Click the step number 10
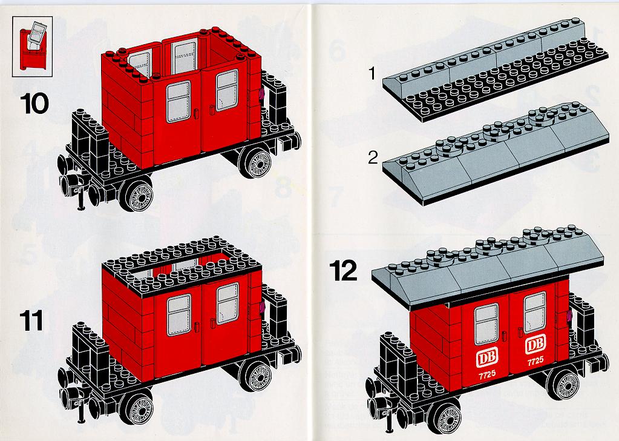coord(34,104)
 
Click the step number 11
coord(32,320)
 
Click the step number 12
coord(344,271)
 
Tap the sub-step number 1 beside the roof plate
coord(372,73)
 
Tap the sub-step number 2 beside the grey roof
coord(373,157)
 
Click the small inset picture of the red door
coord(32,47)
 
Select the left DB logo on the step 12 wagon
coord(487,358)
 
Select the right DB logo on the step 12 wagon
coord(535,344)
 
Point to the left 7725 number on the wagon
coord(487,374)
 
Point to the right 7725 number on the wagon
coord(535,360)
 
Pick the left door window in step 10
coord(178,102)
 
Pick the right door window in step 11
coord(228,303)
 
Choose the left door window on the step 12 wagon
coord(486,324)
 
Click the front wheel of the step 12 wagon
coord(445,416)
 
